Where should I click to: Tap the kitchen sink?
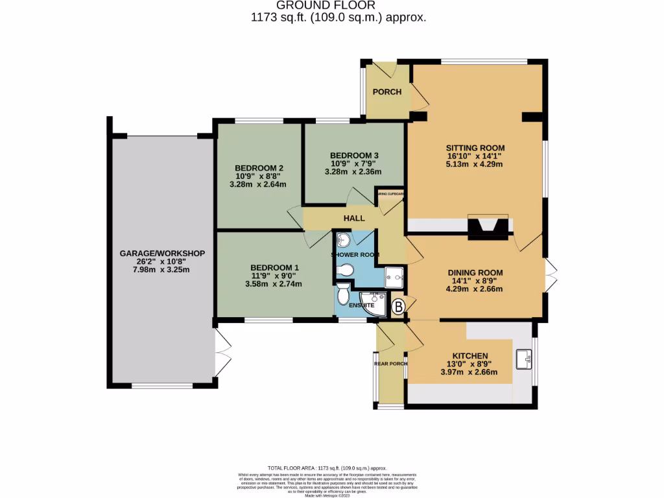[524, 357]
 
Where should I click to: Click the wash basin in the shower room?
[344, 241]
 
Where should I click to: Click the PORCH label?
[386, 91]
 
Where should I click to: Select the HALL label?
[354, 218]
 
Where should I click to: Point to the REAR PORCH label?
[390, 364]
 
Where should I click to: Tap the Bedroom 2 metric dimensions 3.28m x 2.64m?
[257, 184]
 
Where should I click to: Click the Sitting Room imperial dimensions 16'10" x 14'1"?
[475, 156]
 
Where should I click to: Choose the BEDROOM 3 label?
[354, 156]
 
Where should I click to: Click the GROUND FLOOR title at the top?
[338, 6]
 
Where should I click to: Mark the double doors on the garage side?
[222, 354]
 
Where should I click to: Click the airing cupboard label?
[391, 194]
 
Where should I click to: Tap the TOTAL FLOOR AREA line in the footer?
[327, 468]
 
